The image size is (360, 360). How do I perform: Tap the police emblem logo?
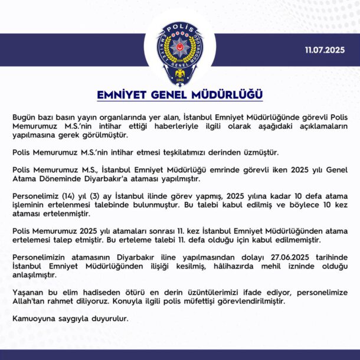tap(179, 52)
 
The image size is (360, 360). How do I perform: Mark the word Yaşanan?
tap(28, 292)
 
